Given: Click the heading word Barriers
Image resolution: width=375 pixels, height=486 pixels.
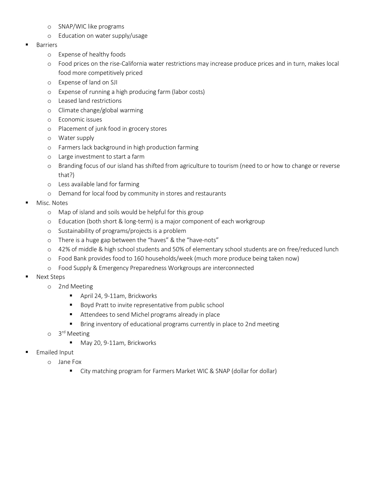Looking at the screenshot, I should tap(47, 45).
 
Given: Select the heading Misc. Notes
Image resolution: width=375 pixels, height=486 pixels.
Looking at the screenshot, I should tap(52, 203).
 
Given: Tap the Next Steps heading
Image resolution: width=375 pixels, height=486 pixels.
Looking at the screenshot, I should tap(51, 277).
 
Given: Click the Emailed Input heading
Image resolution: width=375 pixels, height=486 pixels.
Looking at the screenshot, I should tap(55, 352).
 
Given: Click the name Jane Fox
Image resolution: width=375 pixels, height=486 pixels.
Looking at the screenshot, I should tap(70, 362).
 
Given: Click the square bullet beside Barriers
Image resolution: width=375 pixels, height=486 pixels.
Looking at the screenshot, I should tap(27, 45).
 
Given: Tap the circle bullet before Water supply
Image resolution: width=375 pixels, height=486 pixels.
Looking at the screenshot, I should tap(49, 138).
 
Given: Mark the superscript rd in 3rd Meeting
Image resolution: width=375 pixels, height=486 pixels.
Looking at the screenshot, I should tap(64, 332).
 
